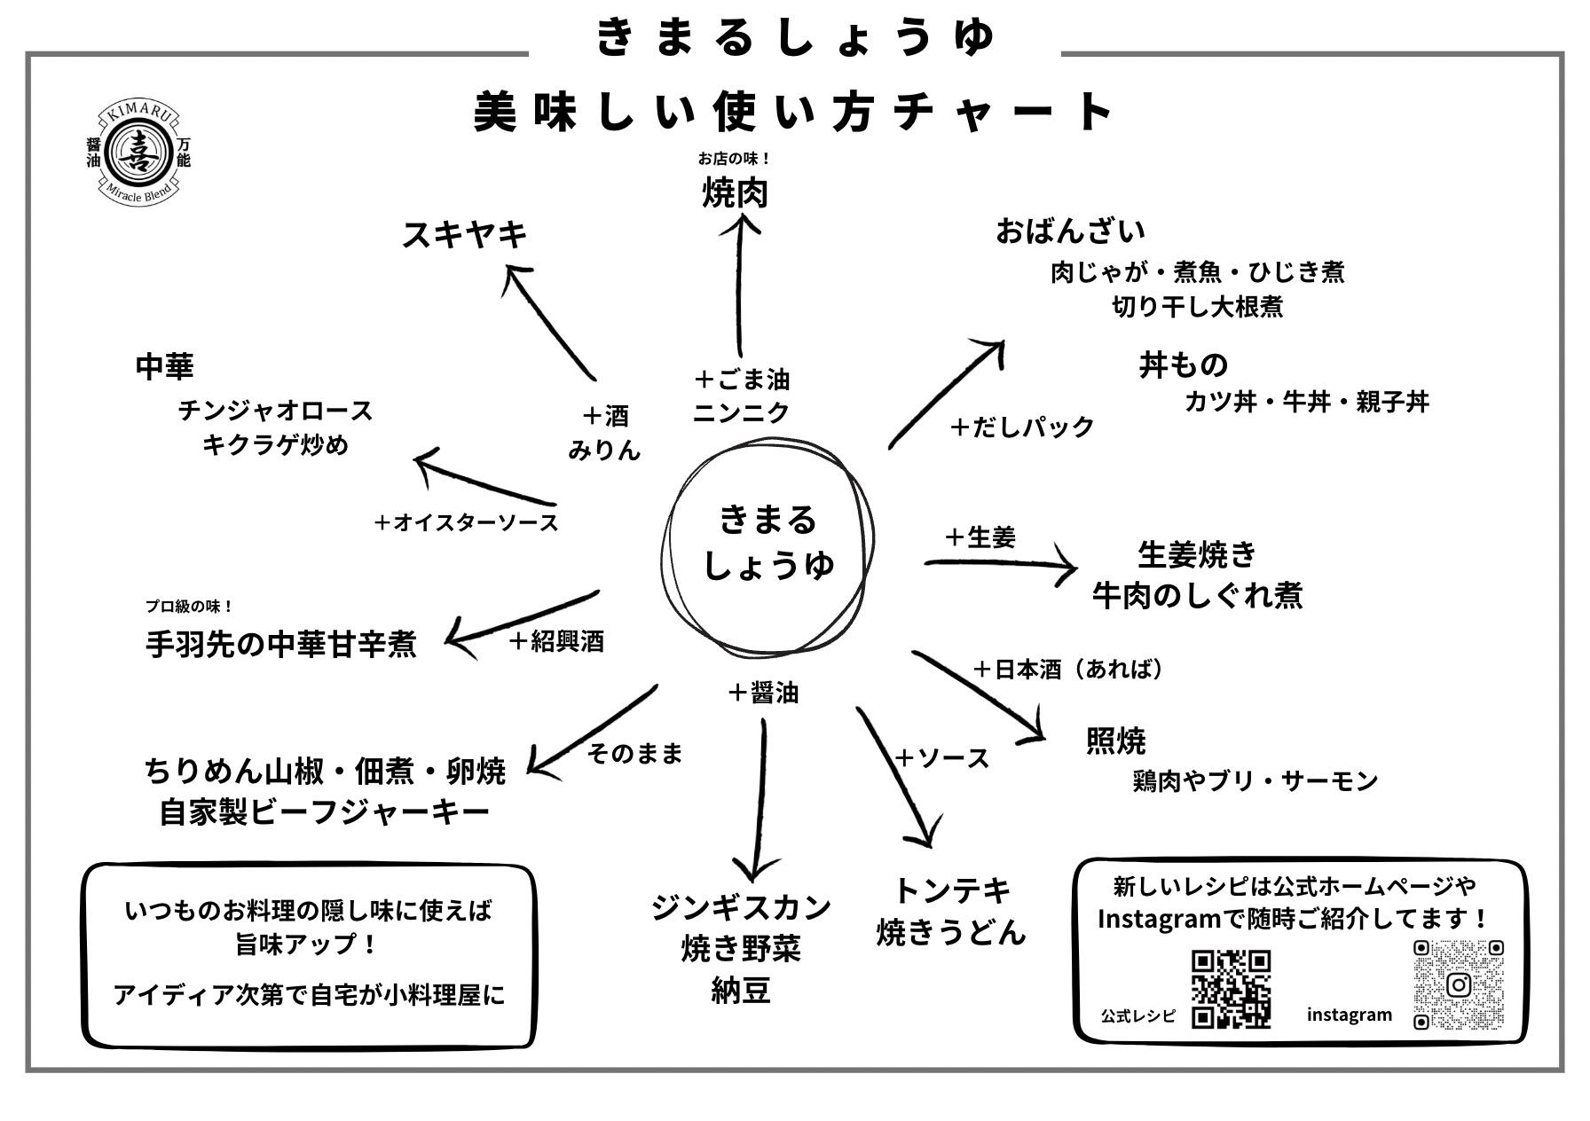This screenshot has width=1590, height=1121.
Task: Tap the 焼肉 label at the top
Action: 735,192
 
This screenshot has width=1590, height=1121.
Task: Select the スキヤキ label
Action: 465,235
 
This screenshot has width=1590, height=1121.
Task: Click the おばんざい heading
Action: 1070,231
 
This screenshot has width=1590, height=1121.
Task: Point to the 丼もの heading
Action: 1184,365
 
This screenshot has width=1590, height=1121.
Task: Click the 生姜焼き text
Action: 1197,554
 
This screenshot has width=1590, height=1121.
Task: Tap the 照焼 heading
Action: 1115,741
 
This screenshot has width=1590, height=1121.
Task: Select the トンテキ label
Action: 952,890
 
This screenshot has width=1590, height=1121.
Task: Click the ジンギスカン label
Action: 741,907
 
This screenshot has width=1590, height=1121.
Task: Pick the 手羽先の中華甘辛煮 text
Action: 280,645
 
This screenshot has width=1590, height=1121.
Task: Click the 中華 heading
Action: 164,366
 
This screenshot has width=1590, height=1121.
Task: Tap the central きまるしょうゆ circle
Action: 768,543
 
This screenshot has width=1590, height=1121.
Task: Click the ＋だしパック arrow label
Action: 1022,427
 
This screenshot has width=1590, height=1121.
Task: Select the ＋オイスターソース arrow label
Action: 467,522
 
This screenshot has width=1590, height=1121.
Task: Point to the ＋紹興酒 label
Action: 557,641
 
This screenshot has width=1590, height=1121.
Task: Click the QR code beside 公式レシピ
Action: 1231,988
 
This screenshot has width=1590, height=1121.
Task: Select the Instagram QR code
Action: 1458,985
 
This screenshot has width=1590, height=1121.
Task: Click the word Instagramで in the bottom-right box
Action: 1170,919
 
